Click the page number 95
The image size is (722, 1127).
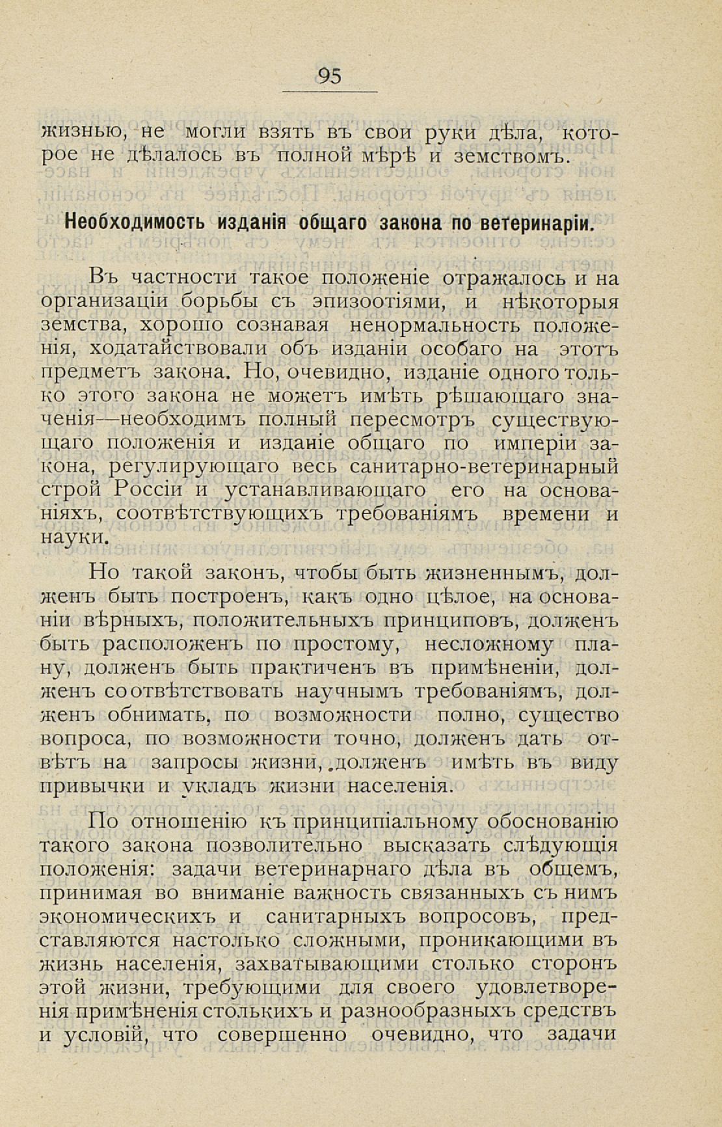[329, 76]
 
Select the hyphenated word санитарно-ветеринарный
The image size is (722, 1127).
[483, 467]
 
